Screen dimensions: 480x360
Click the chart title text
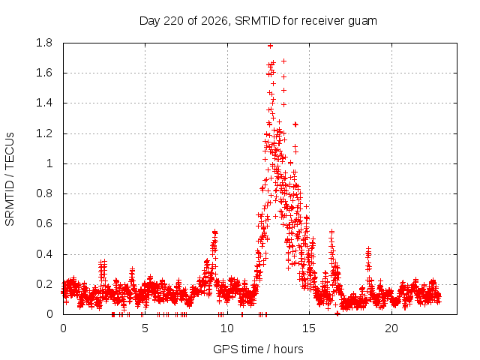(x=258, y=21)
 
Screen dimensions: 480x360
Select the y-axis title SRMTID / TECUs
(x=10, y=179)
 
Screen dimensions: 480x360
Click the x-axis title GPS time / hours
(x=258, y=349)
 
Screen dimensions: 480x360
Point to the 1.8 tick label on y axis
(x=44, y=43)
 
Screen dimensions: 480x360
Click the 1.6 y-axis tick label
(x=44, y=73)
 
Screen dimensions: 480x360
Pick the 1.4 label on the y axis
(x=44, y=103)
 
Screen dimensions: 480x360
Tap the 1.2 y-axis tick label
(x=44, y=133)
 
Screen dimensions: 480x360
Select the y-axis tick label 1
(x=49, y=163)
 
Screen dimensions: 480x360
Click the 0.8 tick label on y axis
(x=44, y=193)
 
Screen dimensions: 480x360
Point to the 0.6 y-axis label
(x=44, y=223)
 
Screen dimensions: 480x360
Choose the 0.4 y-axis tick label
(x=44, y=254)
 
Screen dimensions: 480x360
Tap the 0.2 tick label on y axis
(x=44, y=284)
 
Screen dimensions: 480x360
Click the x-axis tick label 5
(x=145, y=328)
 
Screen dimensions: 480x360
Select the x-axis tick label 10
(x=227, y=328)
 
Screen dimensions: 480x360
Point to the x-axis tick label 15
(x=309, y=328)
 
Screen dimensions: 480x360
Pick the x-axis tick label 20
(x=391, y=328)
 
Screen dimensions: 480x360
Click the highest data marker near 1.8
(x=270, y=46)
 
